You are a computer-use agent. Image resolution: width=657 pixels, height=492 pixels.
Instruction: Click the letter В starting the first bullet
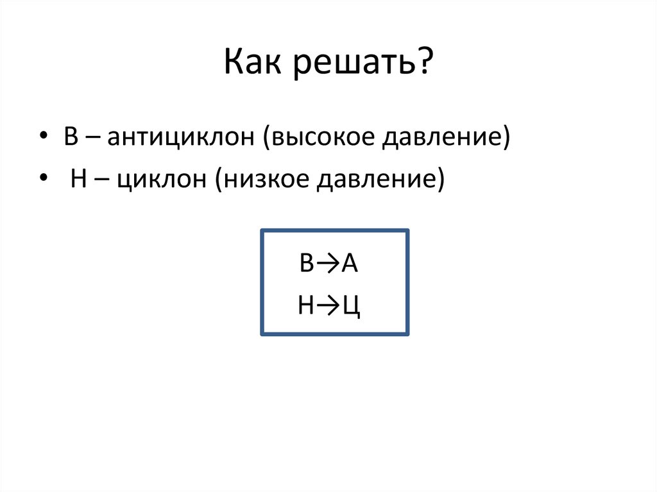(71, 139)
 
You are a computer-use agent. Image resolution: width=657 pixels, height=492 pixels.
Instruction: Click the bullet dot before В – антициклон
(43, 139)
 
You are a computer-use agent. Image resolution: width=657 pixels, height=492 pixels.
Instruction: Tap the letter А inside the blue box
(349, 264)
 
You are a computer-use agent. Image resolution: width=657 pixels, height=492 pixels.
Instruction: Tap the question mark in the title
(424, 64)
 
